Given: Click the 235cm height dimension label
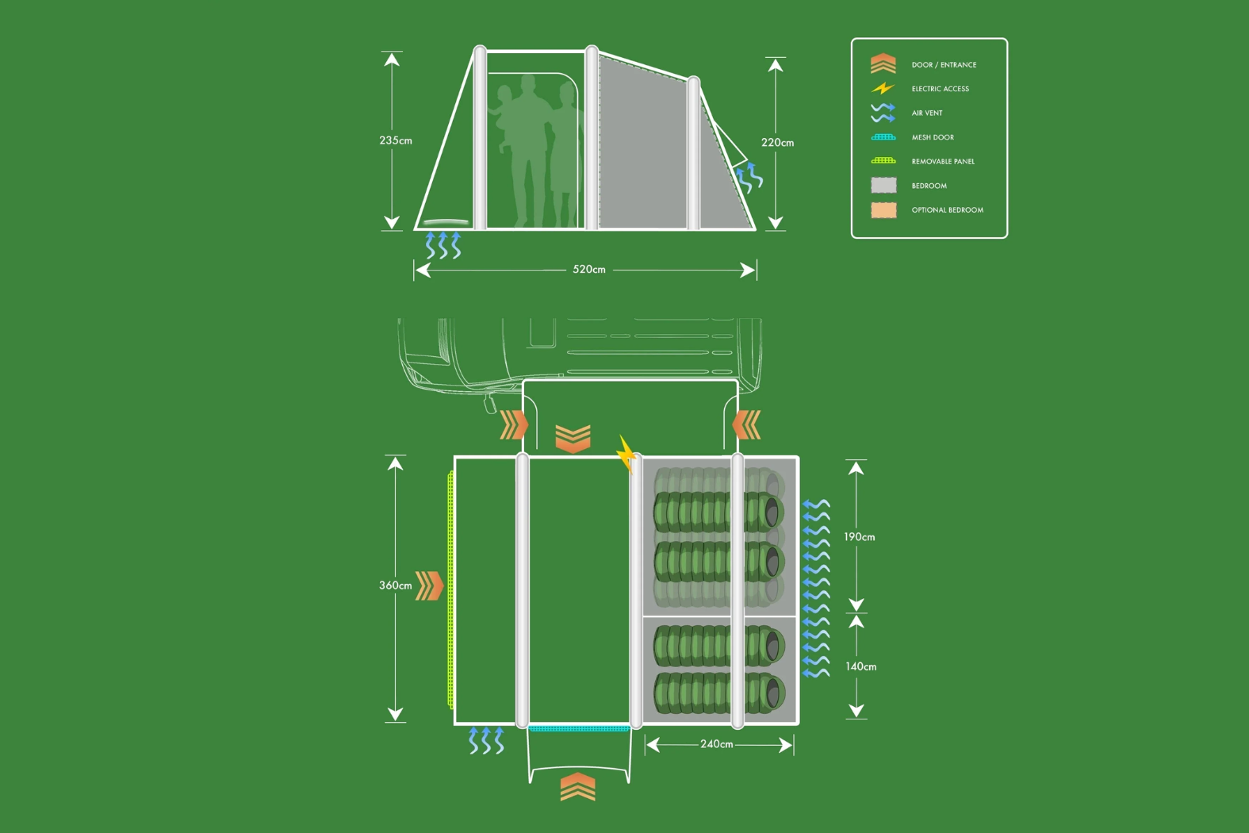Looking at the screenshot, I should (395, 140).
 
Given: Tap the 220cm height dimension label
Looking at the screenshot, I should (777, 143).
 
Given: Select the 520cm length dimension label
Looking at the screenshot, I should (588, 270).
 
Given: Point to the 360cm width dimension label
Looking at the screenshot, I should (395, 585).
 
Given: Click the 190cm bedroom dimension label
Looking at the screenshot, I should (859, 537).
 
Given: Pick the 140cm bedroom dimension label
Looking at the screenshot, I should (860, 666).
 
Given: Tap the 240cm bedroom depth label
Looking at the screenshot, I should (716, 744).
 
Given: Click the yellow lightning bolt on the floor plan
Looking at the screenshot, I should (626, 453).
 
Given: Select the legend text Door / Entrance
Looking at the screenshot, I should (944, 65).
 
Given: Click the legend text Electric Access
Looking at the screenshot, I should (940, 89).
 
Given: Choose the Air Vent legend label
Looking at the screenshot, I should (927, 113).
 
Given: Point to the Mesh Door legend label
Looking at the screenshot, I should (933, 137).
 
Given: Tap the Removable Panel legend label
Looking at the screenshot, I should (943, 162).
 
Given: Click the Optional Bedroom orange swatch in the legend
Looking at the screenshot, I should (883, 210).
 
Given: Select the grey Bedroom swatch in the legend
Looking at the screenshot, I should (883, 186).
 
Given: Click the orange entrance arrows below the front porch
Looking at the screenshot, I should (577, 787).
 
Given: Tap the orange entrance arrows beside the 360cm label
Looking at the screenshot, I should (430, 585).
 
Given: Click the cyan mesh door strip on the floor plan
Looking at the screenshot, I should (579, 728).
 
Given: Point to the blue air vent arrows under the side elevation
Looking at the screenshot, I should (443, 245).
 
